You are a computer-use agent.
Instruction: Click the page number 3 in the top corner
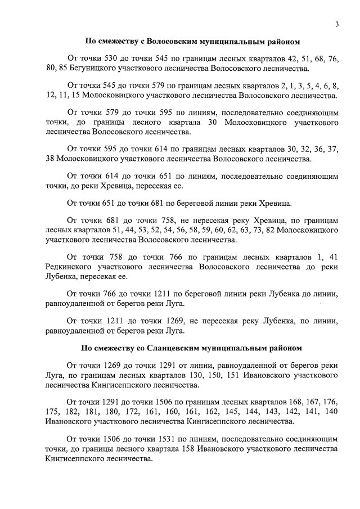[x=336, y=24]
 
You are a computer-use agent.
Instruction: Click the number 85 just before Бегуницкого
[x=63, y=69]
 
